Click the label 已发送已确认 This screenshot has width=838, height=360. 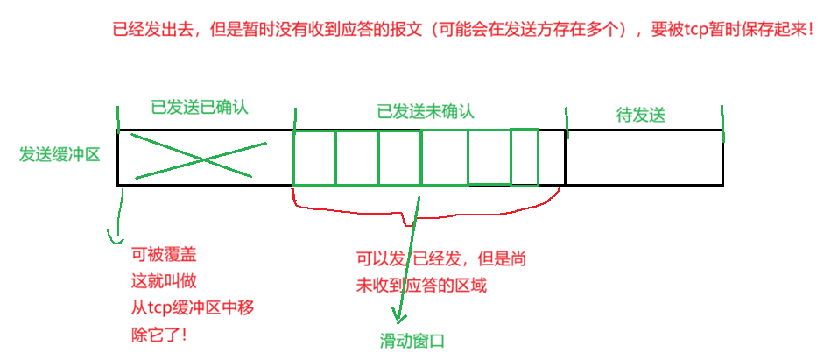coord(200,109)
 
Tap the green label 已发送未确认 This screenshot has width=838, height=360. coord(426,112)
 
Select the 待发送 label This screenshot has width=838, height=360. coord(641,115)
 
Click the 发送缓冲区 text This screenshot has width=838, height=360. coord(60,155)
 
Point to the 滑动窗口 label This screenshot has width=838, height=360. coord(412,342)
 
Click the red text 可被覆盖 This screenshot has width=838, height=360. coord(164,255)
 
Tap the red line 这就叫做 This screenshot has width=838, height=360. coord(164,281)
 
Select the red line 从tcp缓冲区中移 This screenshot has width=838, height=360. coord(193,307)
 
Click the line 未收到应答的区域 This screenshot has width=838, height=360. coord(420,286)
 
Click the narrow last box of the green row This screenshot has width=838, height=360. coord(524,157)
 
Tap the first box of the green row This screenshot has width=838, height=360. coord(314,159)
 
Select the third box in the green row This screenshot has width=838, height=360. coord(399,159)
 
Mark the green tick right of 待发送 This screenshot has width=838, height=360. coord(722,123)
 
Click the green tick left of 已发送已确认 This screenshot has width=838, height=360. coord(118,119)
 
